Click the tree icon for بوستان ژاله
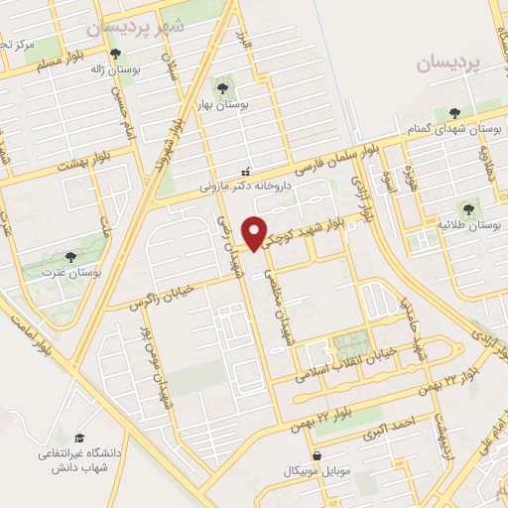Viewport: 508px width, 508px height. [x=116, y=55]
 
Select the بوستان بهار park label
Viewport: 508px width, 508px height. [x=247, y=103]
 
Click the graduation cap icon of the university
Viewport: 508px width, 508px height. [x=77, y=438]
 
